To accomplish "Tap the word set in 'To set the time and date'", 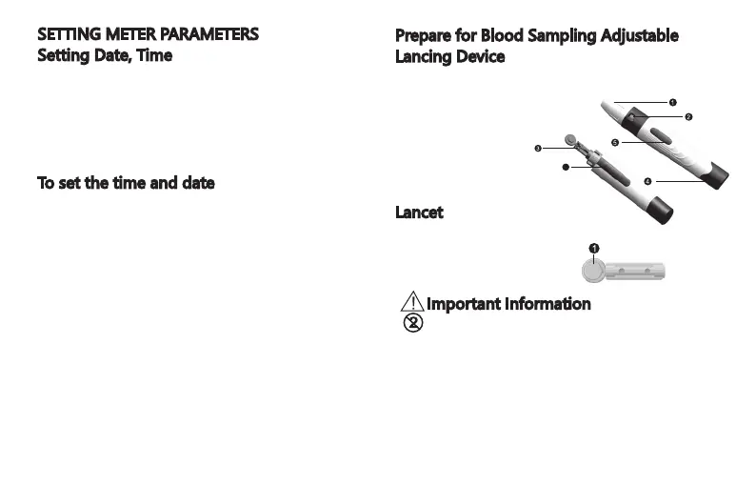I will click(73, 182).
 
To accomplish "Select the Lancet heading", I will click(419, 212).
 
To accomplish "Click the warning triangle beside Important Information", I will click(412, 302).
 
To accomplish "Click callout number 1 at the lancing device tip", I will click(672, 101).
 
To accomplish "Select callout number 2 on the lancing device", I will click(687, 117).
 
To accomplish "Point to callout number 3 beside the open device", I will click(538, 149).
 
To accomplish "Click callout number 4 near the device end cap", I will click(647, 181).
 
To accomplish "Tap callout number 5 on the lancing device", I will click(615, 143).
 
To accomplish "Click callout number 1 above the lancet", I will click(593, 249).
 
